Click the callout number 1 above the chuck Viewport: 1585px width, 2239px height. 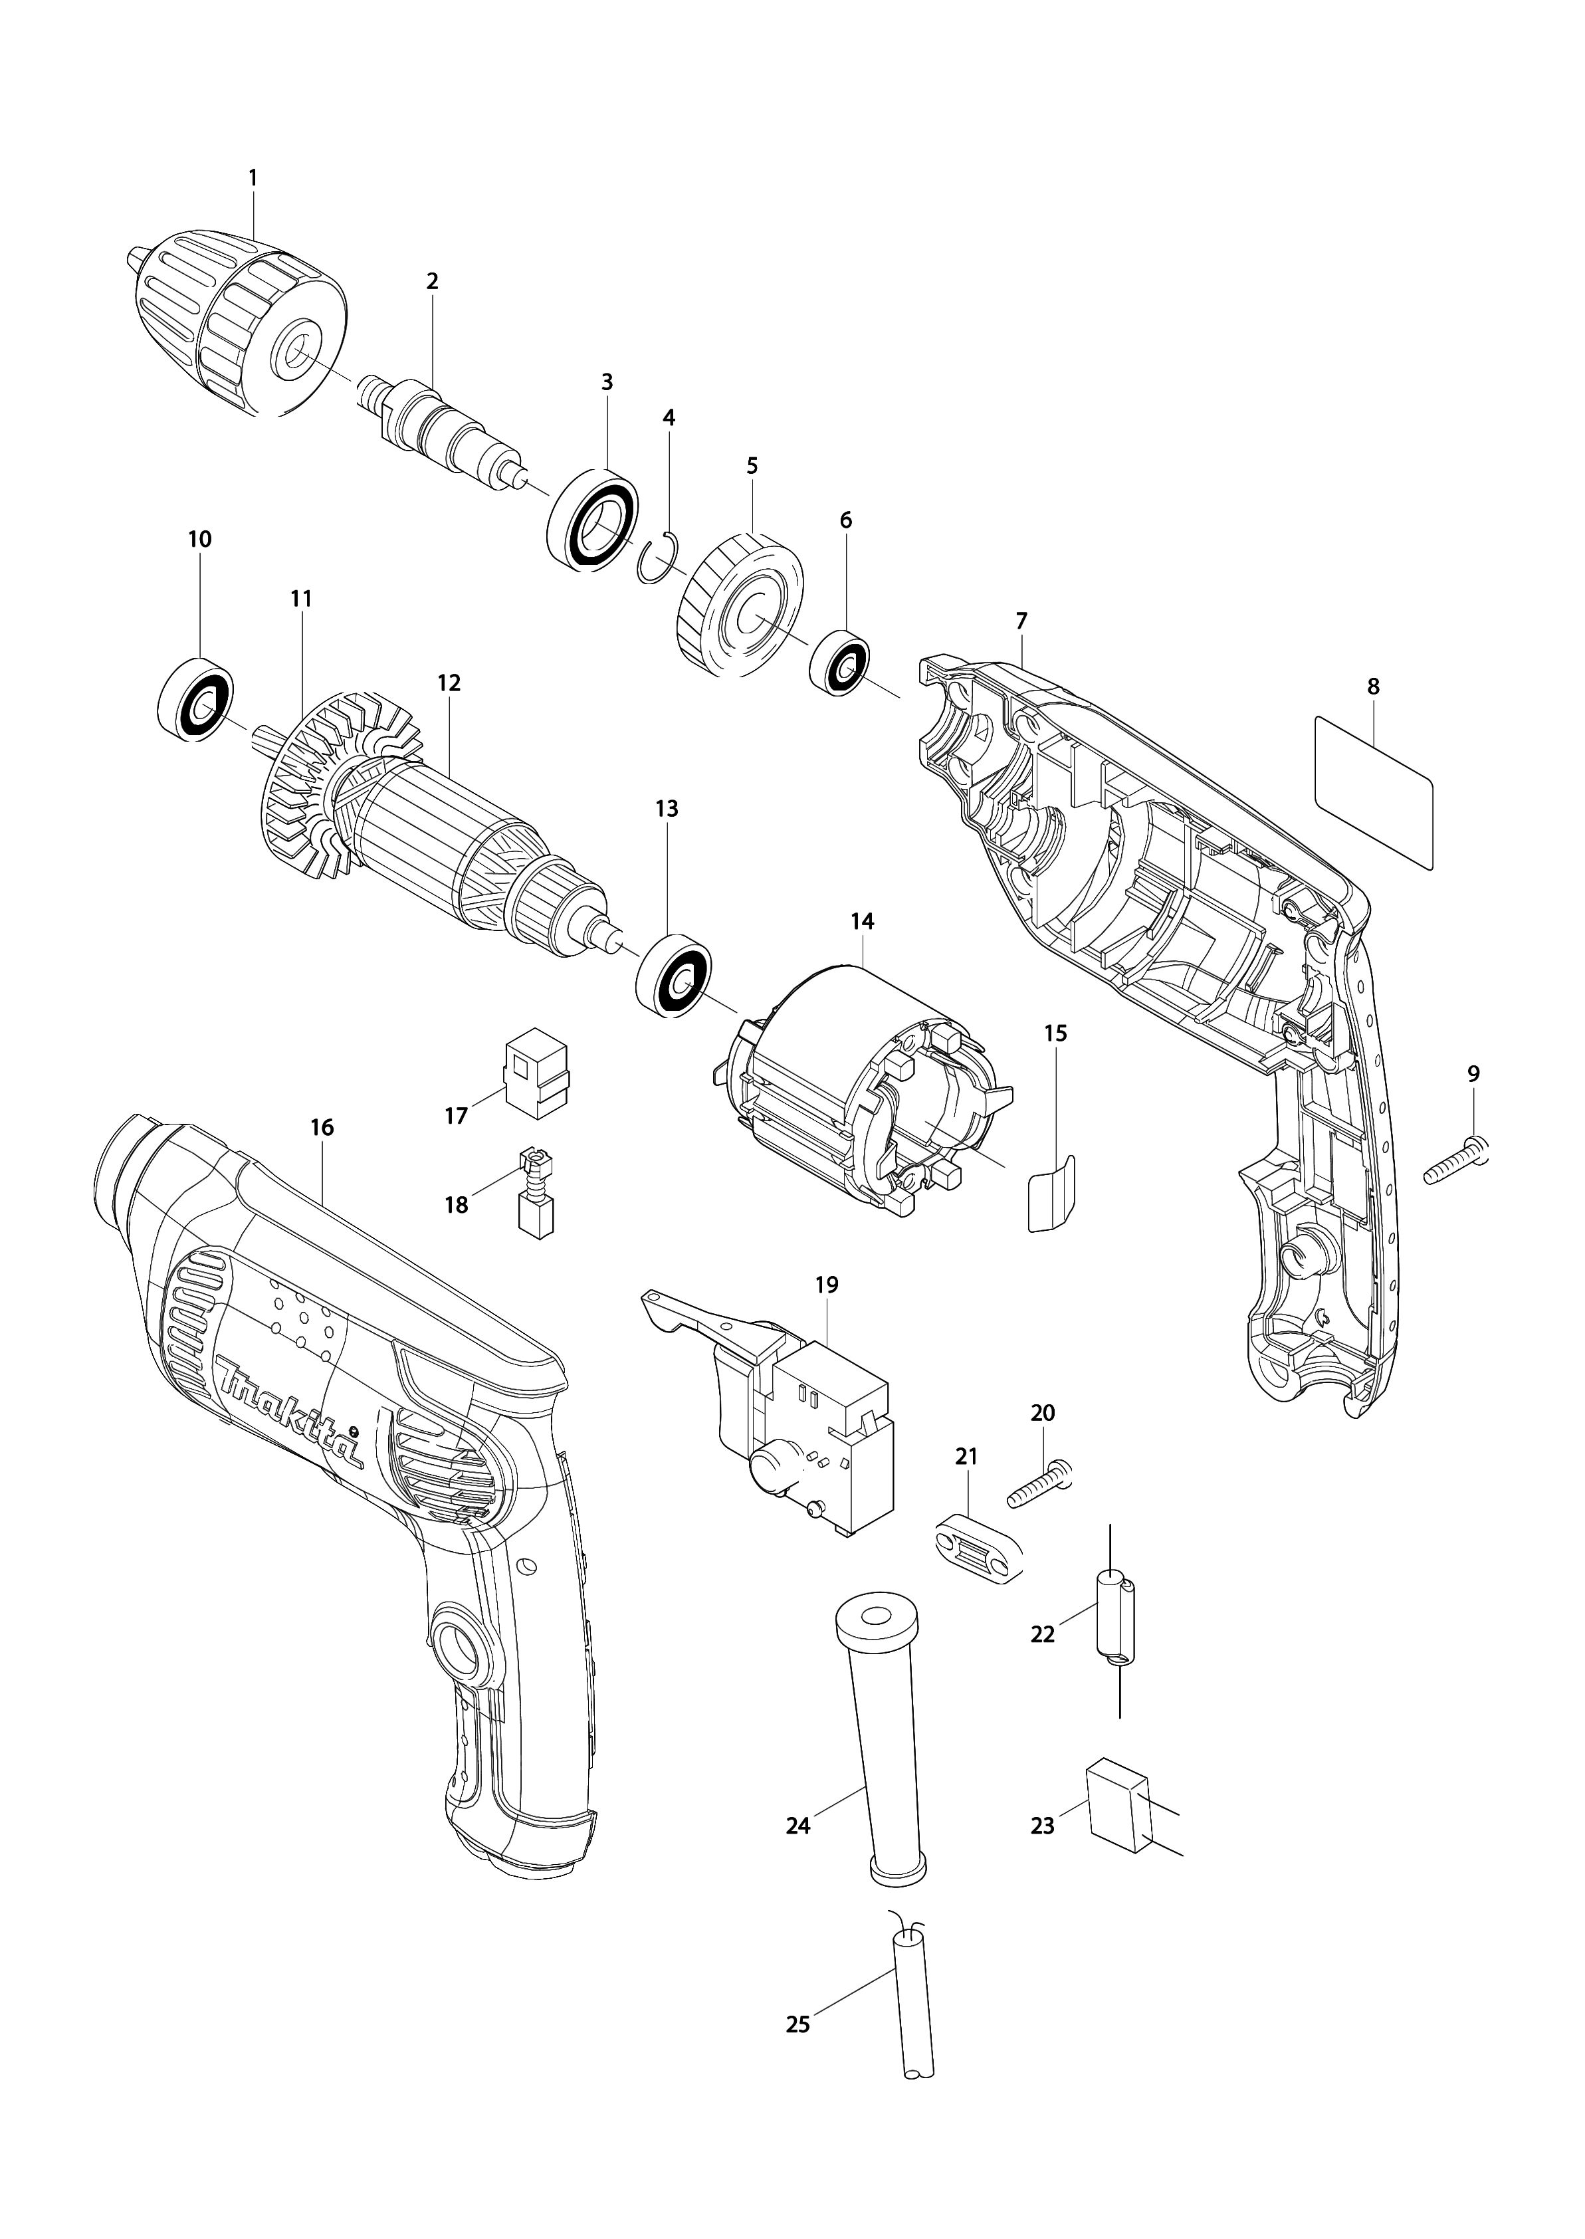click(x=253, y=179)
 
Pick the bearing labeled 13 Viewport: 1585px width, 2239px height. click(x=673, y=978)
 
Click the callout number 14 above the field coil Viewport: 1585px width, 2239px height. click(x=862, y=920)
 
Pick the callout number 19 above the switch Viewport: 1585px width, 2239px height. click(x=827, y=1285)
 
